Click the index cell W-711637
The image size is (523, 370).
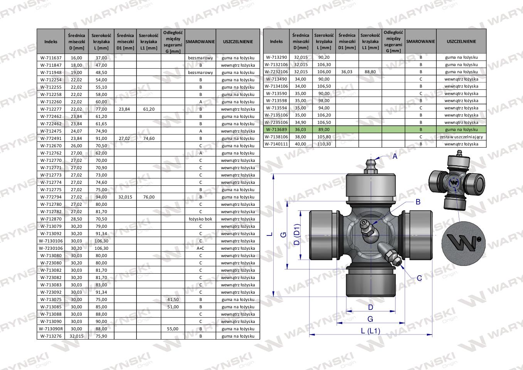(x=51, y=58)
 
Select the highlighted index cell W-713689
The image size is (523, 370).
(x=276, y=129)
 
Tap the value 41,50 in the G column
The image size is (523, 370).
(x=173, y=299)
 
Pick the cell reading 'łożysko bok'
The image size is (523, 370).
(x=200, y=219)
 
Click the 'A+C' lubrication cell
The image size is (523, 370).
(x=200, y=248)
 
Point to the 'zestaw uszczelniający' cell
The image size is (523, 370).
(x=461, y=137)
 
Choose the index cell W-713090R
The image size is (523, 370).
(x=51, y=329)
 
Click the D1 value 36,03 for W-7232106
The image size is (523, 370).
(x=347, y=72)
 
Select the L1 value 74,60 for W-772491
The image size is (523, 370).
(x=149, y=138)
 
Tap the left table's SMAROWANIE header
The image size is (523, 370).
(x=200, y=42)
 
